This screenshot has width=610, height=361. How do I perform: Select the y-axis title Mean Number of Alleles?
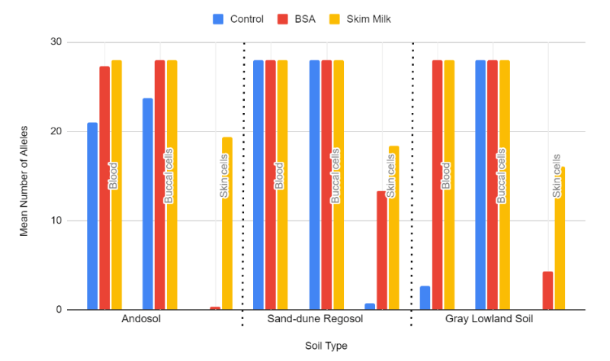tap(24, 181)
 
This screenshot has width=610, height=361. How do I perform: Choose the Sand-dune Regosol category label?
tap(327, 319)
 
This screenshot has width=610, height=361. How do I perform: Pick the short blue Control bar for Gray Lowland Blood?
tap(425, 298)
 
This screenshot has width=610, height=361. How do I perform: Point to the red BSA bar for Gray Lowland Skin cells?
tap(547, 291)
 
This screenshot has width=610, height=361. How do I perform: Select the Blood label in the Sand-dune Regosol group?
tap(279, 175)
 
